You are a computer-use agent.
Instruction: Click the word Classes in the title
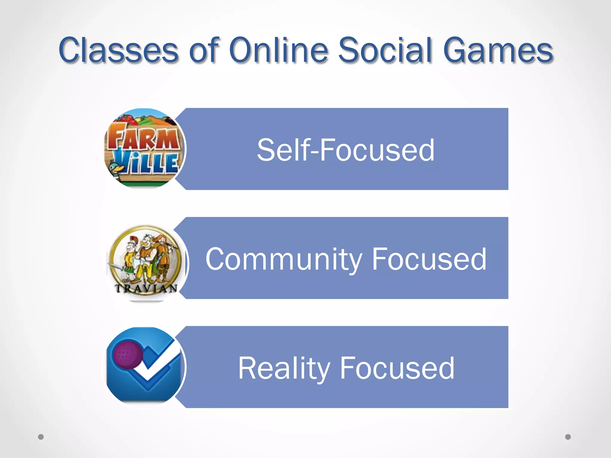(118, 50)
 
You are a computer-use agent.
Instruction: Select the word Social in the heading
(385, 50)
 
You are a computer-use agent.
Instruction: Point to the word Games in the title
(498, 50)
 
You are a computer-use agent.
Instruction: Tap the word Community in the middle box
(283, 259)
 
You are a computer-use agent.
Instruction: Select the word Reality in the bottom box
(283, 369)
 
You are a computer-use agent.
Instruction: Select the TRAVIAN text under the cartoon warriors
(146, 288)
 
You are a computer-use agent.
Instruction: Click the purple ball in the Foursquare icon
(128, 355)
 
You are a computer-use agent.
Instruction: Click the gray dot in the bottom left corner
(41, 437)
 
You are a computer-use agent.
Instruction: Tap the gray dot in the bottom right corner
(568, 437)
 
